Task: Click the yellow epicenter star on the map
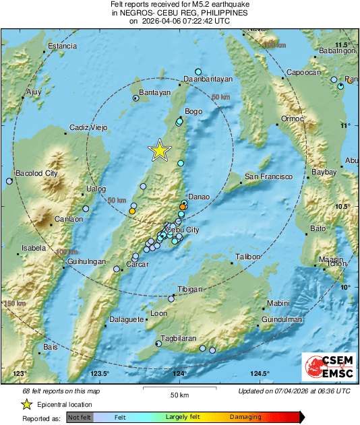[159, 150]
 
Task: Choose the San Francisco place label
[268, 176]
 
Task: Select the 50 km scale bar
[178, 389]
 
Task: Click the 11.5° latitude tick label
[343, 44]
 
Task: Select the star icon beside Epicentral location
[26, 404]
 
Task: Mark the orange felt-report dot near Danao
[183, 206]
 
